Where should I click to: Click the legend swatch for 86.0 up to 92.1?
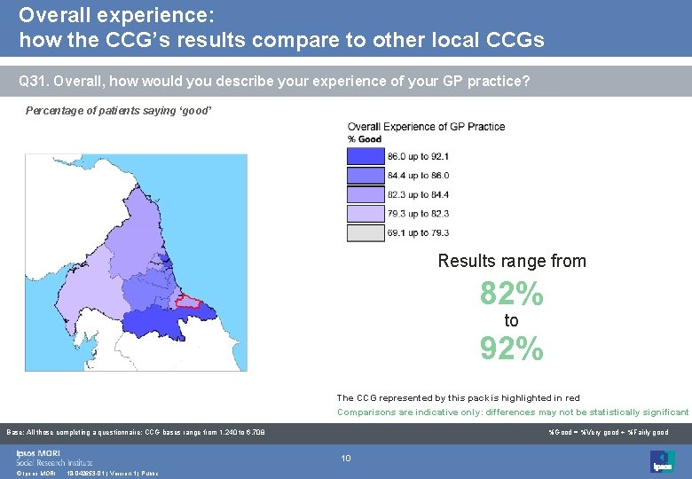365,157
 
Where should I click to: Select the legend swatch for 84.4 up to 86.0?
365,176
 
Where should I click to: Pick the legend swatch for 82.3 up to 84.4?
365,194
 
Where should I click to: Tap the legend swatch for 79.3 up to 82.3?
365,214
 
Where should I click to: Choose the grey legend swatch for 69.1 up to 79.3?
365,232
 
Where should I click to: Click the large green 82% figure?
511,294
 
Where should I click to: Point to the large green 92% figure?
511,349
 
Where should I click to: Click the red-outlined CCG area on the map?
189,301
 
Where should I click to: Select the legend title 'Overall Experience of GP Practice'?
426,127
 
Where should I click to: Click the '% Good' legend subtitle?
365,139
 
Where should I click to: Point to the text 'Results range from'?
512,261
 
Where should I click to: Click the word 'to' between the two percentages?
511,321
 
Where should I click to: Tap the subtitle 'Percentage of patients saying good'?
118,111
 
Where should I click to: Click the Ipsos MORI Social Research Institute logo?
53,458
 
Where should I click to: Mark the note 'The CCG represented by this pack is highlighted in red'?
458,398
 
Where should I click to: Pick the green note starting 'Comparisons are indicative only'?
512,412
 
